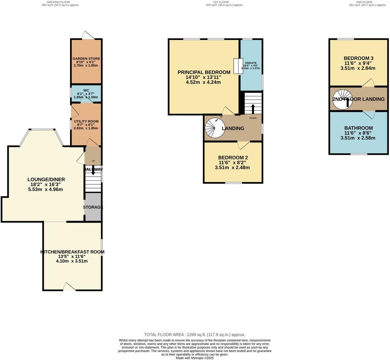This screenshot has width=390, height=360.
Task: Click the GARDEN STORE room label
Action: click(86, 59)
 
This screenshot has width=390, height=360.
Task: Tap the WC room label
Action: click(86, 90)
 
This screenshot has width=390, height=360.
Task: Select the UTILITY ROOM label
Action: click(86, 121)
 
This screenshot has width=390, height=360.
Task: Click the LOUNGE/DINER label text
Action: click(46, 180)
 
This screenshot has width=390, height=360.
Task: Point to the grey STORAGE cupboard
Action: click(93, 207)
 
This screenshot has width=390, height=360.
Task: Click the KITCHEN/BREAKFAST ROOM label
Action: click(72, 252)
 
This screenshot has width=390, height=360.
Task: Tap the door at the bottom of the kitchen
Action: click(69, 286)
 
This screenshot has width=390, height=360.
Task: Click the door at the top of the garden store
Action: click(88, 35)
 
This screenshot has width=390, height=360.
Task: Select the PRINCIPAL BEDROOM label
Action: click(204, 72)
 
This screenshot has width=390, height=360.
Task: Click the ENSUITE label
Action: click(251, 63)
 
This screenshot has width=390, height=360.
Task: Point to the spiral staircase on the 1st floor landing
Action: click(215, 128)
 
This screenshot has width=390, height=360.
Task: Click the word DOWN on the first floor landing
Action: click(253, 118)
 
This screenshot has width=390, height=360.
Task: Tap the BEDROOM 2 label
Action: click(233, 157)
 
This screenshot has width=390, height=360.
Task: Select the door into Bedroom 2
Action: click(244, 145)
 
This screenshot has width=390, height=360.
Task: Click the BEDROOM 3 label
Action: click(358, 58)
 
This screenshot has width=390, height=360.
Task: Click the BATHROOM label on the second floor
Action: click(358, 128)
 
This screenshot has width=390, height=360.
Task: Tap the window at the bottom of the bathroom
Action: click(359, 154)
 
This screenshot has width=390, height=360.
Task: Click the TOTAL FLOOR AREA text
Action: click(194, 334)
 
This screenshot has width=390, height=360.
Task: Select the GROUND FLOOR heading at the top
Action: click(58, 2)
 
